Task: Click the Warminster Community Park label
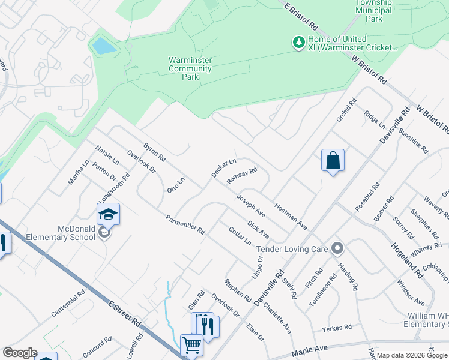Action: pos(190,68)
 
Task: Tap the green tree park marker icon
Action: pos(298,42)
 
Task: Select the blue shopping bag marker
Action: pos(333,160)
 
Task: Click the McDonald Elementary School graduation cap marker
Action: pos(109,214)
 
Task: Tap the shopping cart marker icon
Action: pos(191,345)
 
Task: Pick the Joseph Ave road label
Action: pos(251,205)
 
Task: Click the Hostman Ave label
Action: pos(291,217)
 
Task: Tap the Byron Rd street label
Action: pos(154,155)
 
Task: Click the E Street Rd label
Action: pos(125,314)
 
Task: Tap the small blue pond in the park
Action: pos(102,45)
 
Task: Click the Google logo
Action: pos(20,353)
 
